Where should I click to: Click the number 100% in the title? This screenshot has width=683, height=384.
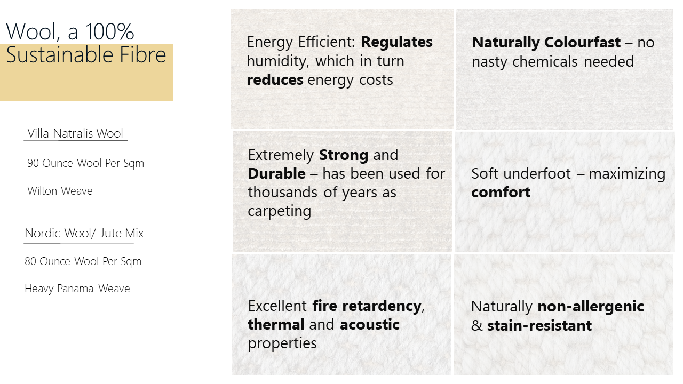(109, 31)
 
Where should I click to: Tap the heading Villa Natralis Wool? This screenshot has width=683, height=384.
(75, 133)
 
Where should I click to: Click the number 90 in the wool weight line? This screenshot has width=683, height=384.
(33, 163)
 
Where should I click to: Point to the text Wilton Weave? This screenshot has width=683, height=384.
(60, 191)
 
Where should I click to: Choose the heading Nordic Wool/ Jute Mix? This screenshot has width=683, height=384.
(84, 233)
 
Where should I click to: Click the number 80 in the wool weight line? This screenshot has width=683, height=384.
(30, 261)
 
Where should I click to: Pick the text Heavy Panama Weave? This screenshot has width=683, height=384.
(77, 289)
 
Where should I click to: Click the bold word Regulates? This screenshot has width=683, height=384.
(396, 43)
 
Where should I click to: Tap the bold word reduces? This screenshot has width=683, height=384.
(275, 80)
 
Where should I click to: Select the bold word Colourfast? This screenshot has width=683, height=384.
(582, 42)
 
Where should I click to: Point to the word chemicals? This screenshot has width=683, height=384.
(545, 61)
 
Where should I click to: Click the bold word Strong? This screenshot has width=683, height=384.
(344, 155)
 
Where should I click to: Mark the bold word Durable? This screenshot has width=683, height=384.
(276, 174)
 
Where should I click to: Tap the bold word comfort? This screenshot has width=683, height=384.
(501, 193)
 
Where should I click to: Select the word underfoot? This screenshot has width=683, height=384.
(537, 174)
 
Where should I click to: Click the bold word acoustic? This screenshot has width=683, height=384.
(370, 325)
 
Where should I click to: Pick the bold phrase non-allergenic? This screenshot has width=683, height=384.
(591, 307)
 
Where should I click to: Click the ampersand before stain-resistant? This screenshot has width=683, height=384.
(476, 326)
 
